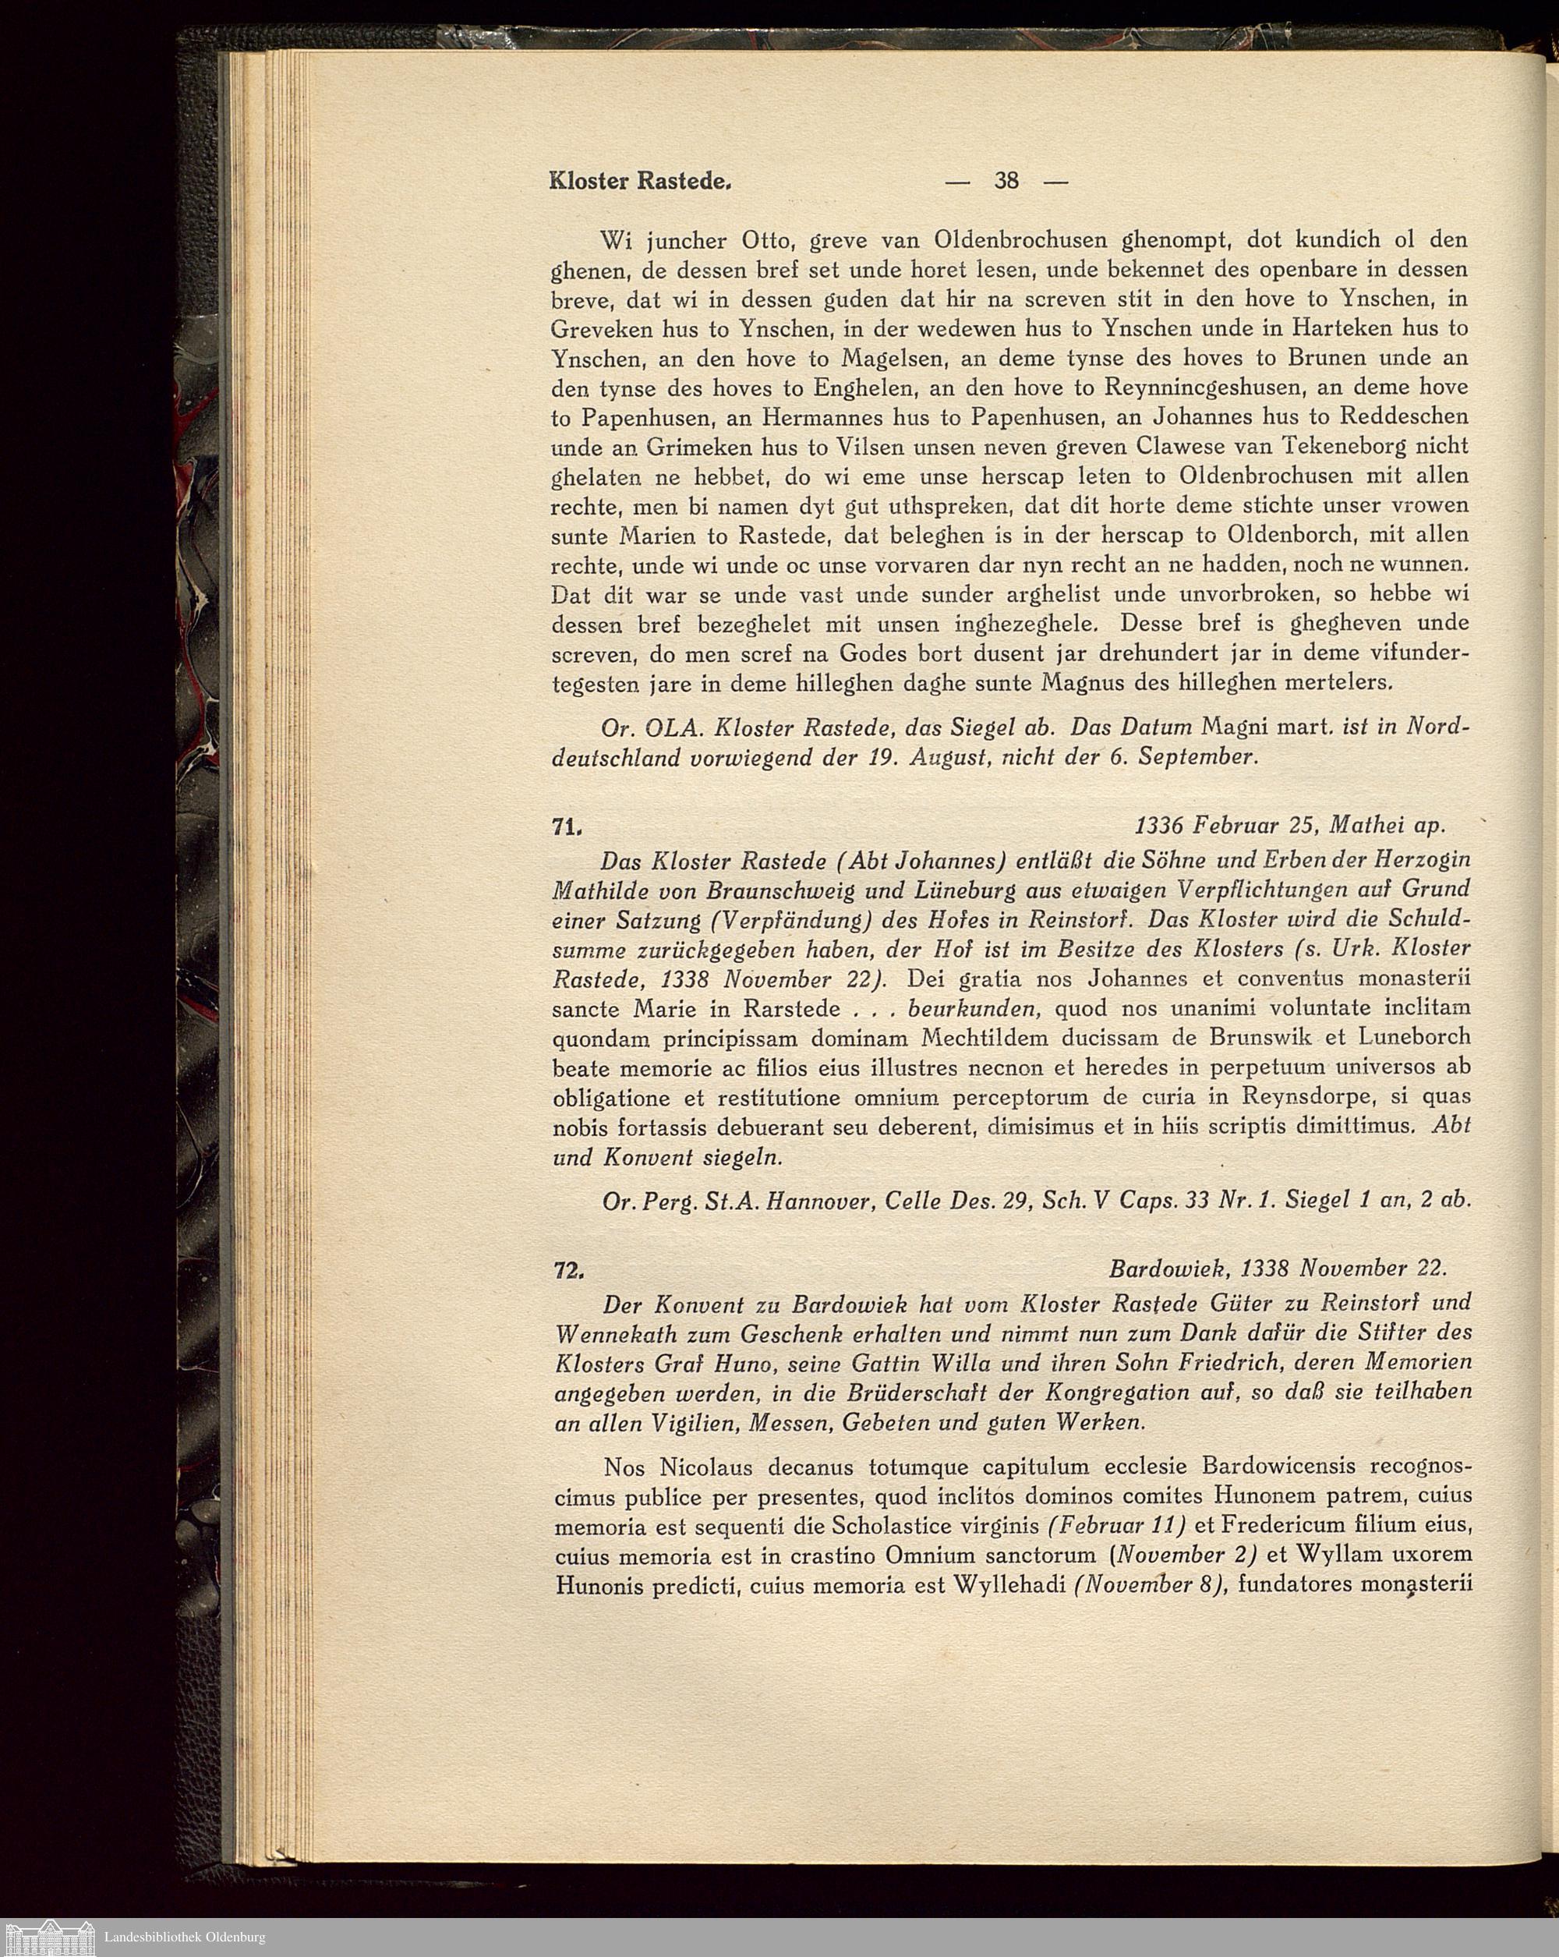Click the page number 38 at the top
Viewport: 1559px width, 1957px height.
coord(1006,181)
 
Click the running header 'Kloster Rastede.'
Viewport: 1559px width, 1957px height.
coord(640,181)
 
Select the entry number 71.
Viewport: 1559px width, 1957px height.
coord(566,826)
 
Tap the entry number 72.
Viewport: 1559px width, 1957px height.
coord(567,1272)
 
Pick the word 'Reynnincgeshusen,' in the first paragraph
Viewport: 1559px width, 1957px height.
coord(1205,388)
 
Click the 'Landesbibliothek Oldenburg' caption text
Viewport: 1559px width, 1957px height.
coord(185,1936)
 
